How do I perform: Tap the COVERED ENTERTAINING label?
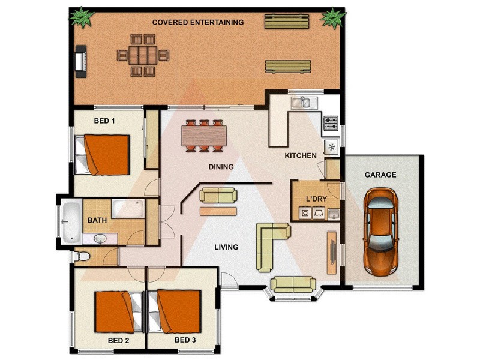tap(197, 23)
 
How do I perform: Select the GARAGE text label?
tap(380, 175)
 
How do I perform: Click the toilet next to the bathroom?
tap(83, 257)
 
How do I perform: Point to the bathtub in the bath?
tap(72, 220)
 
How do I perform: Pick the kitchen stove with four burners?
tap(331, 124)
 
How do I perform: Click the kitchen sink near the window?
tap(302, 103)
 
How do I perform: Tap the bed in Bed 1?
tap(103, 154)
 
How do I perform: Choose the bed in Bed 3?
tap(175, 312)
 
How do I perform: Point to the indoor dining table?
tap(205, 136)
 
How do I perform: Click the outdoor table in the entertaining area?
tap(142, 55)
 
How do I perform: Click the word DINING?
tap(221, 167)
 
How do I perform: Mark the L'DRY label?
tap(316, 198)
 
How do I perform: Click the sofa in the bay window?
tap(293, 284)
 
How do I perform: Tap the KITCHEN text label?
tap(300, 156)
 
